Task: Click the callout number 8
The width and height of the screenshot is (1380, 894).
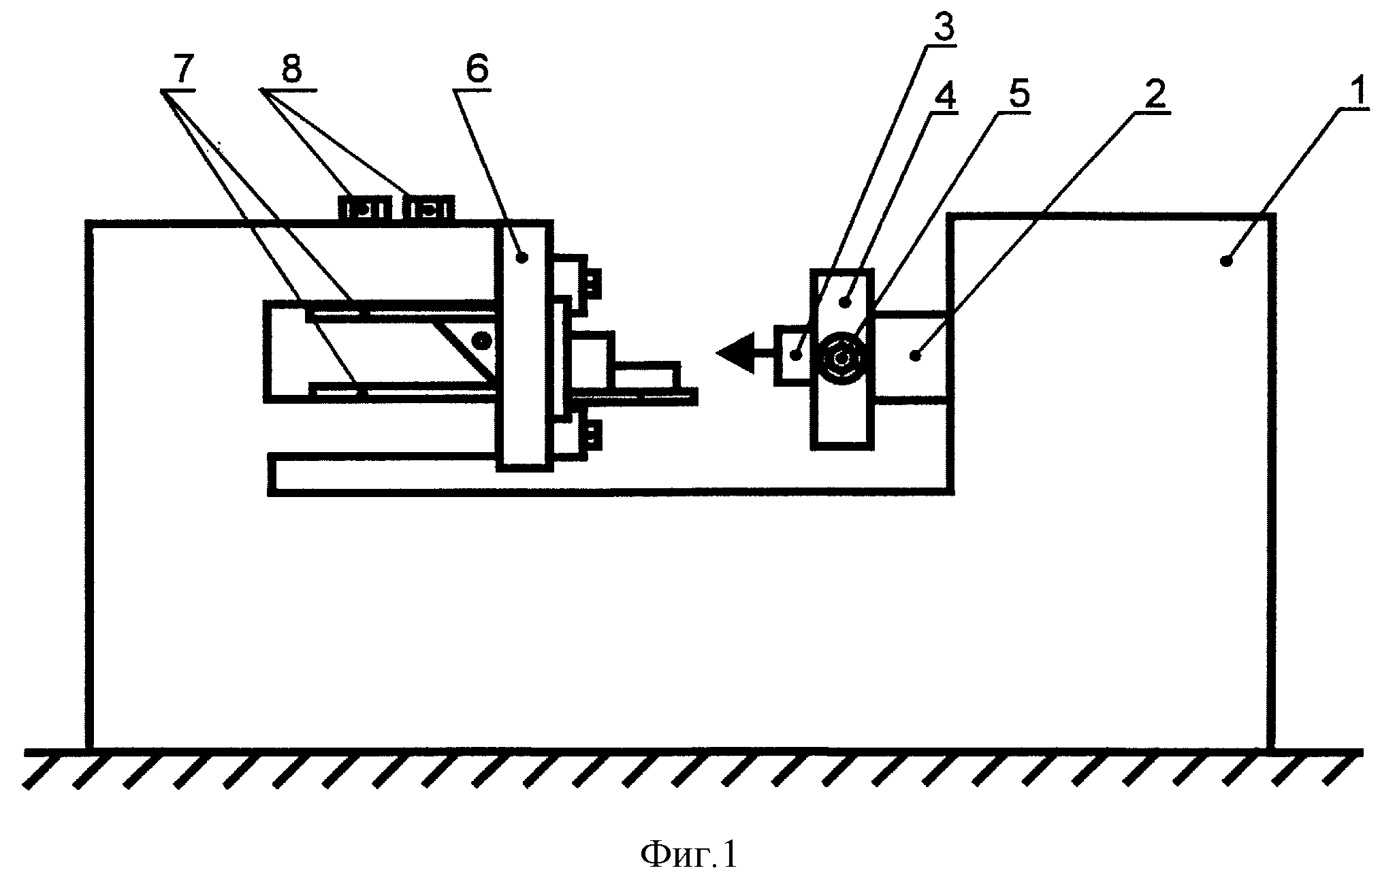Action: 291,70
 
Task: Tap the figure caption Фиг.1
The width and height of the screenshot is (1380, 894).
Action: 689,855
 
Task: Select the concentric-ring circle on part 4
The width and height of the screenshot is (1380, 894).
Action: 842,357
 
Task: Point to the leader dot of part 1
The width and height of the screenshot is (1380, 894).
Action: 1226,261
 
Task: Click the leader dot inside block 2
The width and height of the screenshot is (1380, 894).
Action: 918,355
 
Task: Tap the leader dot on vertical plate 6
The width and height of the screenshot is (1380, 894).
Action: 522,257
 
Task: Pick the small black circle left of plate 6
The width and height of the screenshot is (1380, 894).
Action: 483,338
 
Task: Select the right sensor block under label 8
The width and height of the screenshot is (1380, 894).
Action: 429,207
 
